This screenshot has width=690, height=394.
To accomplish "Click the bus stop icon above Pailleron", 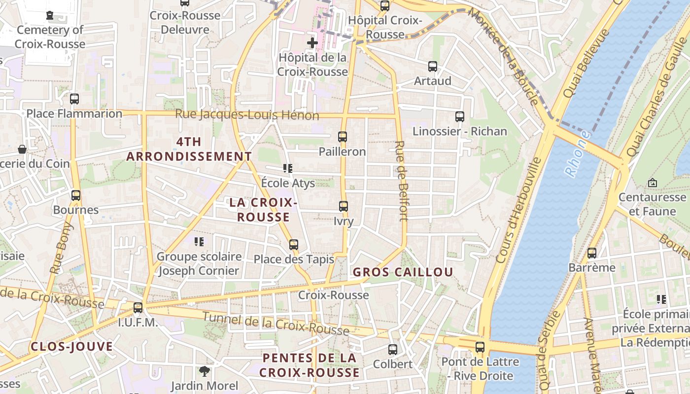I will (343, 137).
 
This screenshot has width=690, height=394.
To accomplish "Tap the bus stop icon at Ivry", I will (344, 206).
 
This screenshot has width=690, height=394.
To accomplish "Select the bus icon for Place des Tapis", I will (294, 244).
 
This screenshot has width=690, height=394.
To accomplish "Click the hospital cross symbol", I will (312, 43).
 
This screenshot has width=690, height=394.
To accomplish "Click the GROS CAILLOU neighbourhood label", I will (403, 272).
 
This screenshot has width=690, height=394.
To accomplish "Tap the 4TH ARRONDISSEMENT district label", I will (189, 149).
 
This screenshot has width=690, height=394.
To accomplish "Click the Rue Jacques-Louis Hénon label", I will (247, 115).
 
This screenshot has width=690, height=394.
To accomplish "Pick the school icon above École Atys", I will (288, 168).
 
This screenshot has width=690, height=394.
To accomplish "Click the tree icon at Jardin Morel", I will (205, 371).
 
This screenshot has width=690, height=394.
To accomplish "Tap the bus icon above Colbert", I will (393, 349).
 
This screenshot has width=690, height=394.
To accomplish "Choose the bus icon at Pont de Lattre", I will (480, 347).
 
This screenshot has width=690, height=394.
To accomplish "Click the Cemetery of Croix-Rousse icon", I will (50, 15).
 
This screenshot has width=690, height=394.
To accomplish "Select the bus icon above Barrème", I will (592, 253).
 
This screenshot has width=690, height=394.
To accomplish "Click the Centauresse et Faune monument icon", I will (653, 183).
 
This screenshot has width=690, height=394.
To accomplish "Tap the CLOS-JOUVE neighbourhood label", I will (72, 347).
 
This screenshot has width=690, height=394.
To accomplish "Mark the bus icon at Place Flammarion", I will (74, 98).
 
